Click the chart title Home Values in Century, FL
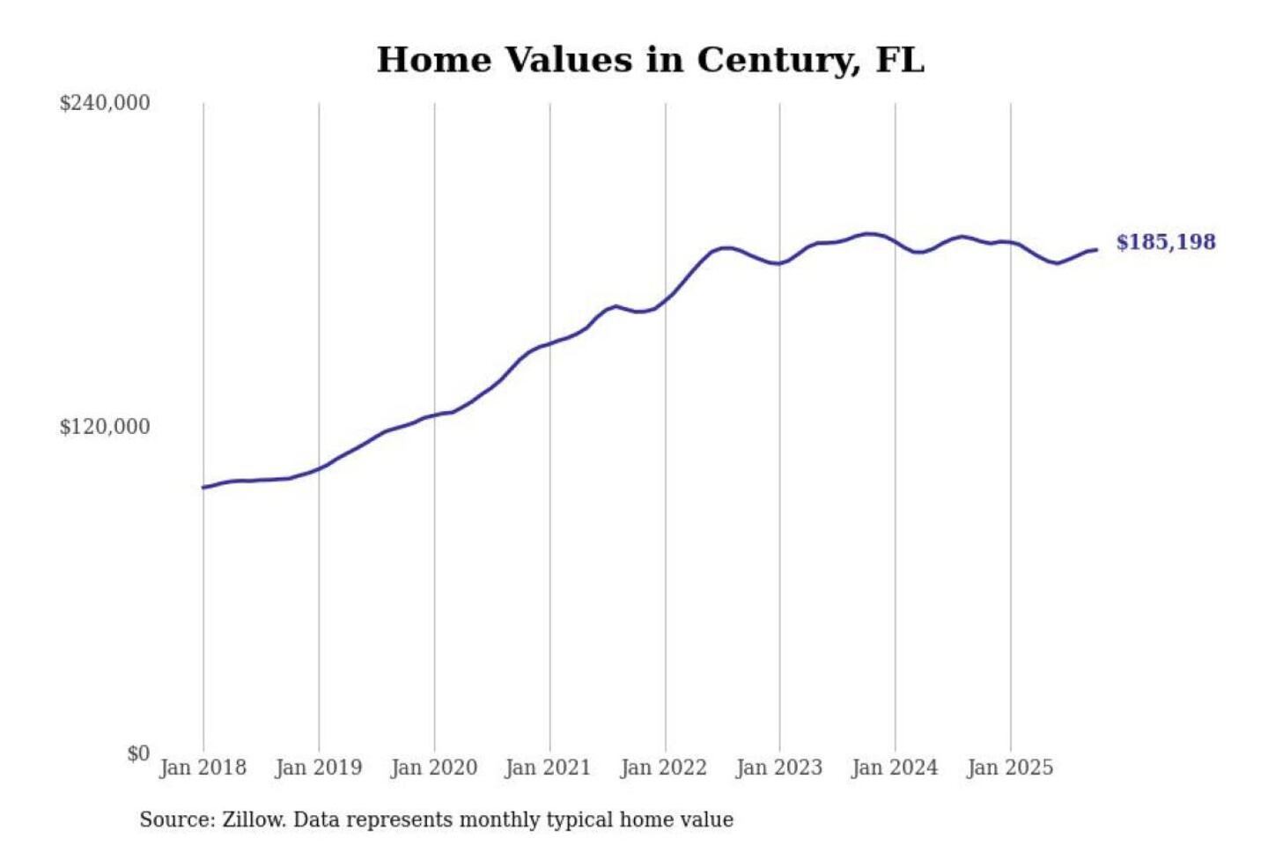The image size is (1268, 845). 650,60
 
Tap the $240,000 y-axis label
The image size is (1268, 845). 105,103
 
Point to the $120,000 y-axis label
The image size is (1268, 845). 105,427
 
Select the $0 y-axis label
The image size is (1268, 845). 138,753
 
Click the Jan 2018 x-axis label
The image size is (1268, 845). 203,768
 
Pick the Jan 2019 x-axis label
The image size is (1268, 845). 318,768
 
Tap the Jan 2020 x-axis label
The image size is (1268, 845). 433,768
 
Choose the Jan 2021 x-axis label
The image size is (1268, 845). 548,768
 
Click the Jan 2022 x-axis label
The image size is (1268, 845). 663,768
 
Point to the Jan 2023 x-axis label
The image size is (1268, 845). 778,768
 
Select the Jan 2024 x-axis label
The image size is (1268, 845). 894,768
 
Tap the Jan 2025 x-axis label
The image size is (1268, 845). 1009,768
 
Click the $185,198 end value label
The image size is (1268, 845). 1165,242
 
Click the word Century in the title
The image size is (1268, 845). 778,60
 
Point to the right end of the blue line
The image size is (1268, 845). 1096,250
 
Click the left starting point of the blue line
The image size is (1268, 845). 203,487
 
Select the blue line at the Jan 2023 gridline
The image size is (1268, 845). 779,263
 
